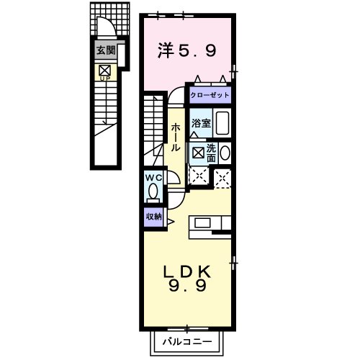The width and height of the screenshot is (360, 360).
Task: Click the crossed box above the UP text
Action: pos(104,69)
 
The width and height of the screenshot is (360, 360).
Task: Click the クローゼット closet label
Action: pos(210,94)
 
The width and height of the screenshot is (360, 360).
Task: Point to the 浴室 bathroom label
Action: pos(202,123)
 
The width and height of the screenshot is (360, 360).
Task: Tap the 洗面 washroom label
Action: pos(211,152)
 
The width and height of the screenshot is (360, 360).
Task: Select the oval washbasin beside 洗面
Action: pos(225,153)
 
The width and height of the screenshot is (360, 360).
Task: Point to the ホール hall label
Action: pos(174,136)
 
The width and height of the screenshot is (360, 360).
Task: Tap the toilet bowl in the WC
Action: pos(153,192)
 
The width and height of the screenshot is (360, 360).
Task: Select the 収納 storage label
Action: pos(153,216)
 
